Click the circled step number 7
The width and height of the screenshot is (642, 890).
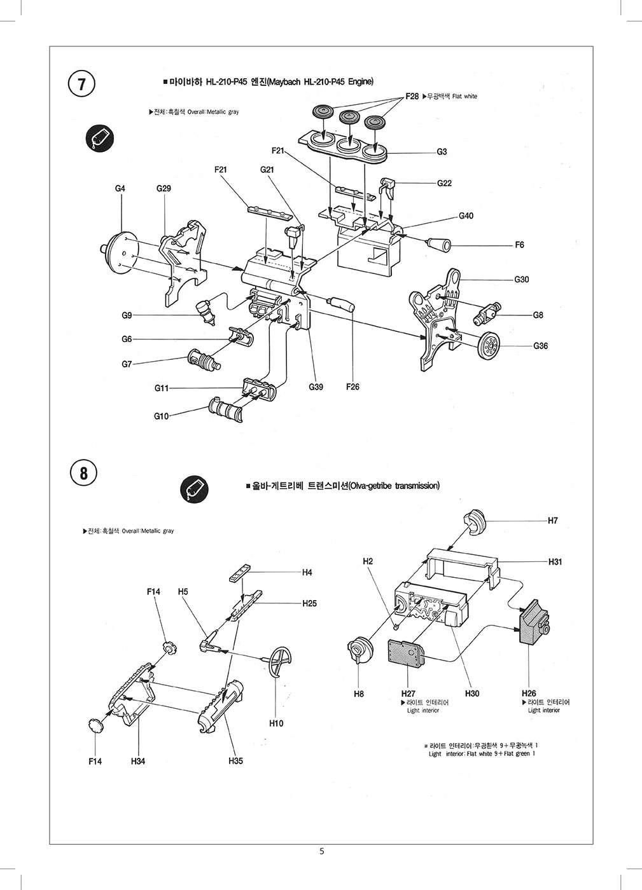(81, 85)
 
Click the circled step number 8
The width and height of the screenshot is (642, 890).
(83, 474)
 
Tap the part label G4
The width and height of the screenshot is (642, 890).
(120, 189)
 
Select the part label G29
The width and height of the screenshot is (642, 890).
(164, 189)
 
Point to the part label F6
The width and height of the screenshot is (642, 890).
(520, 245)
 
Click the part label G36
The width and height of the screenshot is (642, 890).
(540, 346)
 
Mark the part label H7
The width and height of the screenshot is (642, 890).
(552, 521)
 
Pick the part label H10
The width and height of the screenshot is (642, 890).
(276, 723)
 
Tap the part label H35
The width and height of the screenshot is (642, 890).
(235, 761)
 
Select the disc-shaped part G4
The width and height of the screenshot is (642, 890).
(119, 251)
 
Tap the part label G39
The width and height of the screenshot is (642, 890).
(316, 387)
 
